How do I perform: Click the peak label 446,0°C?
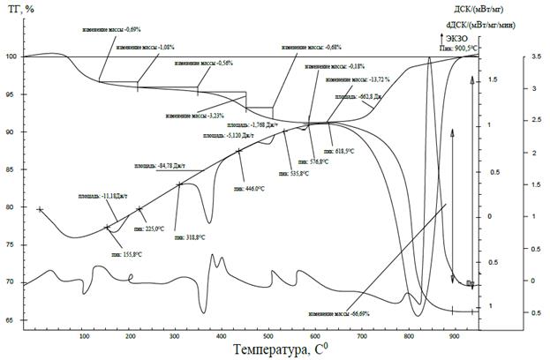249,189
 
